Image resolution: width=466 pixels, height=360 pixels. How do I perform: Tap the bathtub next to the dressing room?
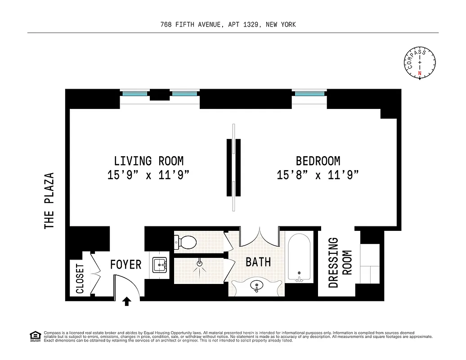coord(300,257)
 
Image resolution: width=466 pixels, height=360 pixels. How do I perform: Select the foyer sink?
coord(159,265)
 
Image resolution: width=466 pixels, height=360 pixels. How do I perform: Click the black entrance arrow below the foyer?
coord(127,301)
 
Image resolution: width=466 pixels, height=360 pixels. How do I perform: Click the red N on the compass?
coord(420,73)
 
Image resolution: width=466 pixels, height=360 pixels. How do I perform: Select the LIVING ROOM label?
coord(148,161)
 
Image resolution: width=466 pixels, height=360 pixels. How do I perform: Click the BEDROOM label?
coord(318,161)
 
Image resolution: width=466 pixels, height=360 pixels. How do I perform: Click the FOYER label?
coord(125,265)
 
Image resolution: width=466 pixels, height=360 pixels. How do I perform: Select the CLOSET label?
coord(80,278)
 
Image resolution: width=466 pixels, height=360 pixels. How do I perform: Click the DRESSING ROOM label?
coord(340,262)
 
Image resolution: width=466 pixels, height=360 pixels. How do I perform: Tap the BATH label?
coord(258,261)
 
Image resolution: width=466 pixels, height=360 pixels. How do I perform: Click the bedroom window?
coord(309,94)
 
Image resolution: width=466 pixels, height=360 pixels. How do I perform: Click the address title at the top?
coord(228,25)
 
